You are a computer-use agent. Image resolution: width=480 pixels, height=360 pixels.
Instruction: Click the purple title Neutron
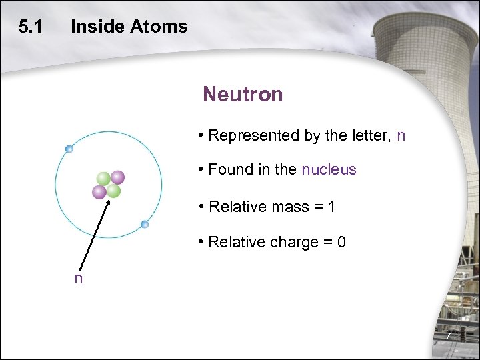243,95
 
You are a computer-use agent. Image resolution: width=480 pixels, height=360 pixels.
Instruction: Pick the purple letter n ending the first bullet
401,136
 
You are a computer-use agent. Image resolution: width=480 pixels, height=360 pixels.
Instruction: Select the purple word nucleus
329,170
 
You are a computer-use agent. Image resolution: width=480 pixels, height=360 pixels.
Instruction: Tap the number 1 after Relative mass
331,207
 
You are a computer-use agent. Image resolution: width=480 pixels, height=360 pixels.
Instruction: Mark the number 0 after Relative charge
341,242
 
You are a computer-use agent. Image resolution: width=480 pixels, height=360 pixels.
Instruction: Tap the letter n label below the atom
79,279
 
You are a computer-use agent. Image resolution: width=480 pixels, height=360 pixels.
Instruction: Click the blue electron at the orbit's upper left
69,149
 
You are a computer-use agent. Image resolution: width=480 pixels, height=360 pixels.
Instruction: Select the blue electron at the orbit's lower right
145,224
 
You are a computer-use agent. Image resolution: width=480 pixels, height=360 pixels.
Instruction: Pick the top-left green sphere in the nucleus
103,179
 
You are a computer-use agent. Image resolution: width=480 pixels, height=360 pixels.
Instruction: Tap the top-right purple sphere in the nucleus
118,177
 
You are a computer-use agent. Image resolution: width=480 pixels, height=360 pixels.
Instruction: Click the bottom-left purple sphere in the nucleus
99,192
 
